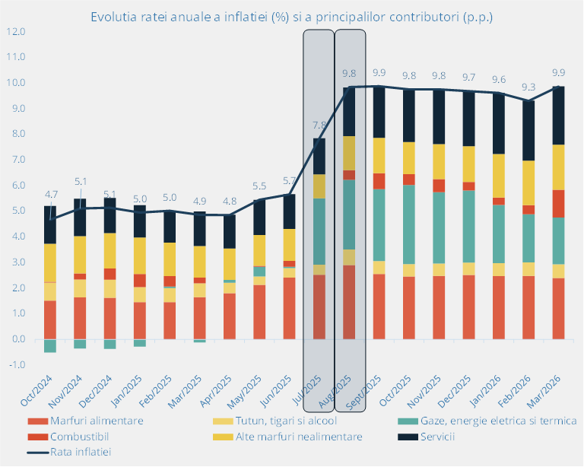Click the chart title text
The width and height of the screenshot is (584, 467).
pyautogui.click(x=292, y=17)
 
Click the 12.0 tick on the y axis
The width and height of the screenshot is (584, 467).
pyautogui.click(x=16, y=32)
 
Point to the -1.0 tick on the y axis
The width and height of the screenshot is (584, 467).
pyautogui.click(x=16, y=365)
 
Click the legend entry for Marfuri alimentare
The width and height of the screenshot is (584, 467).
pyautogui.click(x=96, y=421)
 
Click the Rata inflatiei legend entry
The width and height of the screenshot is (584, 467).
pyautogui.click(x=80, y=452)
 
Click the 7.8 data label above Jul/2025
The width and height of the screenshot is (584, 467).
pyautogui.click(x=319, y=125)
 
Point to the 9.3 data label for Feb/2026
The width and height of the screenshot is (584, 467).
pyautogui.click(x=528, y=87)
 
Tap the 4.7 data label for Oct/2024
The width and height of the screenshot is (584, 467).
pyautogui.click(x=52, y=195)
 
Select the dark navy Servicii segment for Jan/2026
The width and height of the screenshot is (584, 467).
pyautogui.click(x=499, y=123)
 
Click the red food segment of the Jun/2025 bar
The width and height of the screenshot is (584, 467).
pyautogui.click(x=289, y=308)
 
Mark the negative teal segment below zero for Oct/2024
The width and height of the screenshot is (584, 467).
pyautogui.click(x=50, y=346)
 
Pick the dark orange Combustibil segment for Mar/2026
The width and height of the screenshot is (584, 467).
pyautogui.click(x=558, y=203)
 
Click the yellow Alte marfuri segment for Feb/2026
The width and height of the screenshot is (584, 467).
pyautogui.click(x=528, y=183)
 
